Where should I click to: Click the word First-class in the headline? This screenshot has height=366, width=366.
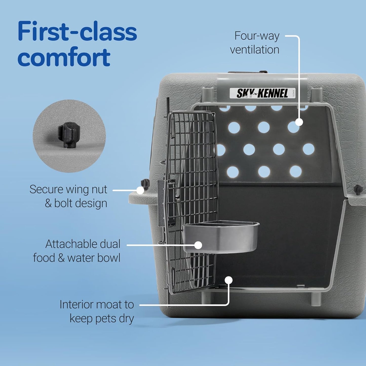(77, 32)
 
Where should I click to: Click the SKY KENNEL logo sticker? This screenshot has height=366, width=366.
(262, 93)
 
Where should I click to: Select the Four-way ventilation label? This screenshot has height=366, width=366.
(255, 43)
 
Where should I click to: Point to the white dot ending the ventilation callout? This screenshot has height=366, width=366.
(299, 122)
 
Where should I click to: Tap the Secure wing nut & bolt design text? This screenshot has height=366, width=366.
(68, 196)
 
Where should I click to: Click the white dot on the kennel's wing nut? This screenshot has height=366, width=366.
(140, 190)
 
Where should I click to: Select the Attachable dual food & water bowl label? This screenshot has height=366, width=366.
(77, 251)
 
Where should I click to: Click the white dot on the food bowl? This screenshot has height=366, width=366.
(198, 245)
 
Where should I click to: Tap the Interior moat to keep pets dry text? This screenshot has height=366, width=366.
(97, 311)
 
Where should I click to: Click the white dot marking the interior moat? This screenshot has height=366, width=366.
(229, 280)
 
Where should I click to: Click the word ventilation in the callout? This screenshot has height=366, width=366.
(255, 50)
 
